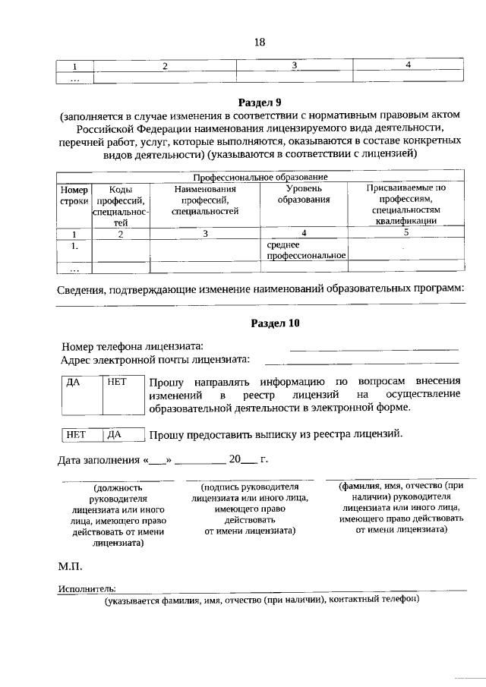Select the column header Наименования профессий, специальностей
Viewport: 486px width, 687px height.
tap(205, 200)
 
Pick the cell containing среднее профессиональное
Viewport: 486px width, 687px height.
tap(306, 251)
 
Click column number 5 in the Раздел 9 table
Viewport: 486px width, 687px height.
tap(406, 233)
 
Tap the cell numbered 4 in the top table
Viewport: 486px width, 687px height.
tap(408, 65)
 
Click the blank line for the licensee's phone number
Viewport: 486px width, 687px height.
tap(374, 348)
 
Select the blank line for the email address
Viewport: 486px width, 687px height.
tap(361, 362)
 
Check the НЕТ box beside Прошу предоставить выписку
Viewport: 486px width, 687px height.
tap(80, 435)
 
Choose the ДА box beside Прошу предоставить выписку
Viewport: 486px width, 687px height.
tap(123, 435)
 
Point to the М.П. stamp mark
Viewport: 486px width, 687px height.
tap(71, 567)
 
